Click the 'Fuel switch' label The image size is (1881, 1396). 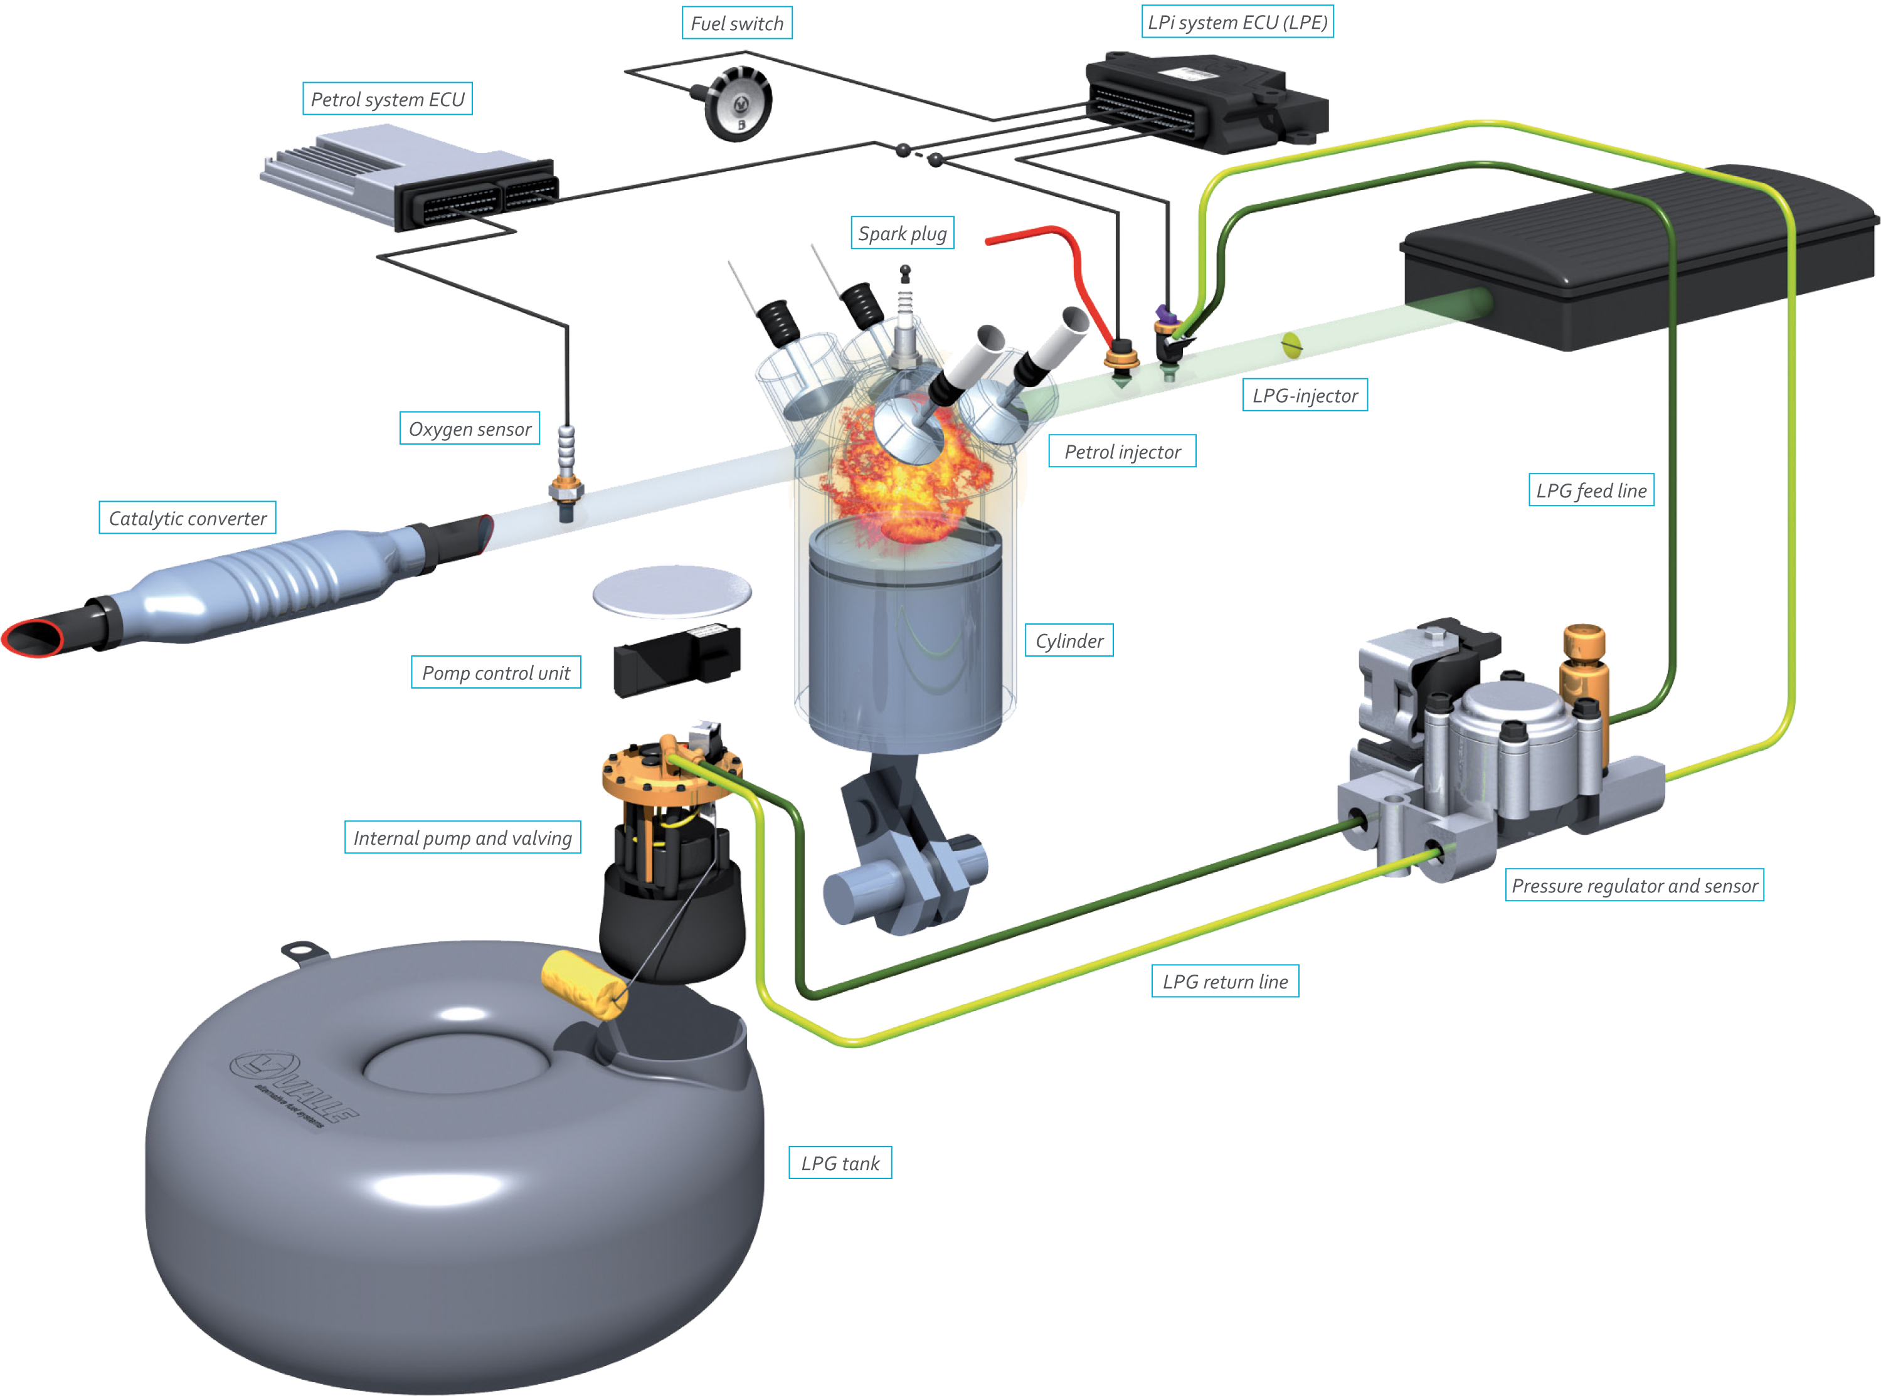point(737,24)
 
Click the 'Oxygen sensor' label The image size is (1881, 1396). point(470,430)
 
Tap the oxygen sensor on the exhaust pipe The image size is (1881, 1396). point(565,473)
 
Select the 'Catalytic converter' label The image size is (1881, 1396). point(188,518)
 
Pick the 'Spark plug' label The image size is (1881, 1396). point(902,233)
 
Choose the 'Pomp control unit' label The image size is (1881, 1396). point(496,673)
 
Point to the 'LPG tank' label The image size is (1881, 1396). point(840,1163)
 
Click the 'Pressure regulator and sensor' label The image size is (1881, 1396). point(1635,886)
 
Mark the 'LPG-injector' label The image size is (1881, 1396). point(1305,396)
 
